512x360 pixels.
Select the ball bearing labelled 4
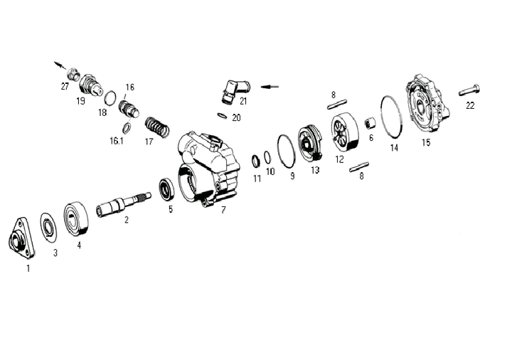(76, 218)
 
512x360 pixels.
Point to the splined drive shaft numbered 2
(124, 203)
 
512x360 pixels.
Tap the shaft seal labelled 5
(168, 189)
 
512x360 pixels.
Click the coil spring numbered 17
(156, 127)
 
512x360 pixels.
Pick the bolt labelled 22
(469, 90)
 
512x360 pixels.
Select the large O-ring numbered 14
(392, 115)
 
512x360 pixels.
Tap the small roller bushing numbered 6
(370, 124)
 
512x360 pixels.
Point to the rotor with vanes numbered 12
(345, 132)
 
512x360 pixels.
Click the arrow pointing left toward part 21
(270, 87)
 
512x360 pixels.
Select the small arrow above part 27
(60, 65)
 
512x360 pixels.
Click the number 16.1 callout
(116, 141)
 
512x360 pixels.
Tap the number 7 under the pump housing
(223, 210)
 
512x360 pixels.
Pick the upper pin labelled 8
(337, 105)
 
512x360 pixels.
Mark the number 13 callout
(315, 170)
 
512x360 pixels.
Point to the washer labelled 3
(48, 228)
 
